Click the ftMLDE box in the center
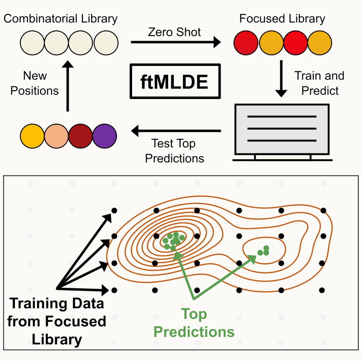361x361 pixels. point(175,81)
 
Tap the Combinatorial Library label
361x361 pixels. point(61,19)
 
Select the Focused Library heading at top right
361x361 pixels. point(282,19)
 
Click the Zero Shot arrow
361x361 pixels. point(175,42)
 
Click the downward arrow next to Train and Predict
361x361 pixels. point(281,79)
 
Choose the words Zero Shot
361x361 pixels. point(174,32)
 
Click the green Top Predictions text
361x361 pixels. point(194,323)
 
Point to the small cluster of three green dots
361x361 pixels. point(264,251)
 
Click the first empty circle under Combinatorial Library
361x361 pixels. point(32,43)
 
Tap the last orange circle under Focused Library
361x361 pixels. point(320,43)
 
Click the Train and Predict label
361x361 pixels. point(320,83)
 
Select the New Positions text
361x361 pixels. point(35,83)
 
